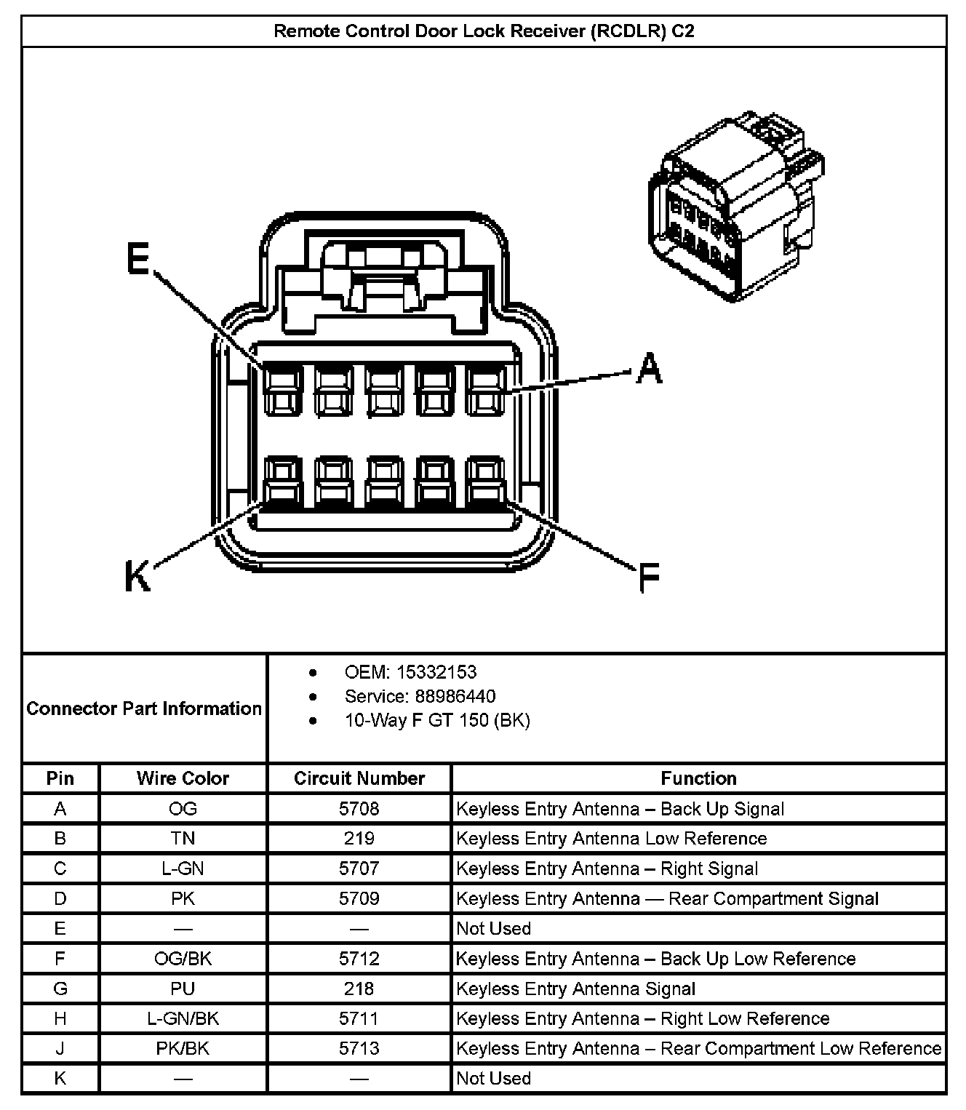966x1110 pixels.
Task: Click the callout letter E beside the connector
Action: [x=137, y=258]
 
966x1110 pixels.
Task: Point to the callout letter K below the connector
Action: [x=137, y=577]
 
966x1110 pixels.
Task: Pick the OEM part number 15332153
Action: [x=436, y=672]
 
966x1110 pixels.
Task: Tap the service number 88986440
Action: [x=456, y=696]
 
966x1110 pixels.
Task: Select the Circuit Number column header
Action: [x=359, y=778]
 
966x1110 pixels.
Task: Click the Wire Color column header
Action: [x=183, y=778]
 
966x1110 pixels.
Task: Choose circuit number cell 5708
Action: [x=359, y=809]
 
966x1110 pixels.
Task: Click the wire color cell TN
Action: [x=183, y=839]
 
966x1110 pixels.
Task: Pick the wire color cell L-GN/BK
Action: [x=183, y=1018]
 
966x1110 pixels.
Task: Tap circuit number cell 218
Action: [x=359, y=989]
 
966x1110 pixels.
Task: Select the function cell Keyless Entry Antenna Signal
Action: [x=575, y=989]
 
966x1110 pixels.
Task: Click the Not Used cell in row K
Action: [x=493, y=1078]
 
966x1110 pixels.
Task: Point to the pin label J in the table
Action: [x=60, y=1048]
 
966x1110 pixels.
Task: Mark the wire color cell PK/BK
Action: [x=183, y=1048]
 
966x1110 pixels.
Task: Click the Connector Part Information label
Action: [x=144, y=708]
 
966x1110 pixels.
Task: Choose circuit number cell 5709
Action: [x=359, y=898]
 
